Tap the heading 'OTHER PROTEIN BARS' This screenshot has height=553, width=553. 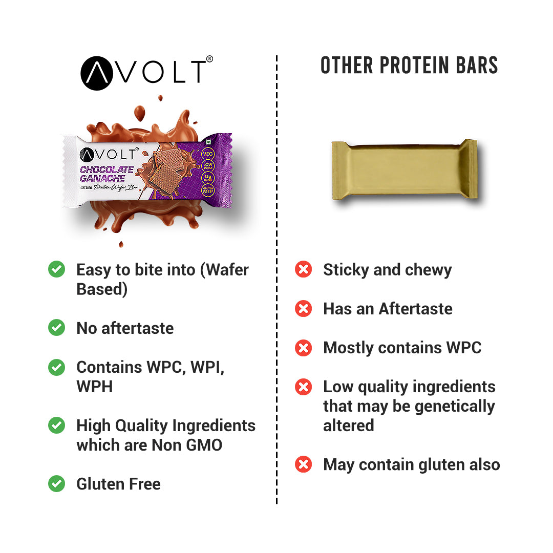[x=409, y=66]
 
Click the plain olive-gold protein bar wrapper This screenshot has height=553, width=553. [x=404, y=169]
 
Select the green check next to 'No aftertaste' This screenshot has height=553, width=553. [x=56, y=328]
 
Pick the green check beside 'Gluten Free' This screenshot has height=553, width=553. [x=56, y=483]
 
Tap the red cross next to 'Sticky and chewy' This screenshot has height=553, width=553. [x=304, y=269]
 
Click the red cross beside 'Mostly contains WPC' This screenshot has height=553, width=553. [x=304, y=348]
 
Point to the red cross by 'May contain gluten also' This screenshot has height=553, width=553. [x=304, y=464]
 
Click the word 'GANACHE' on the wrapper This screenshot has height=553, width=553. [x=103, y=178]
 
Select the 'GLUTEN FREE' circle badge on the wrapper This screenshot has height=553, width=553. [x=208, y=192]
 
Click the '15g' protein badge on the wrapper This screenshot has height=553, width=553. [x=208, y=178]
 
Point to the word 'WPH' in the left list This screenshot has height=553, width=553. [x=94, y=387]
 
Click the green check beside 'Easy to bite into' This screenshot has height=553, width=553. [x=56, y=269]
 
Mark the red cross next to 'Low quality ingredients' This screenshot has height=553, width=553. [x=304, y=387]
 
